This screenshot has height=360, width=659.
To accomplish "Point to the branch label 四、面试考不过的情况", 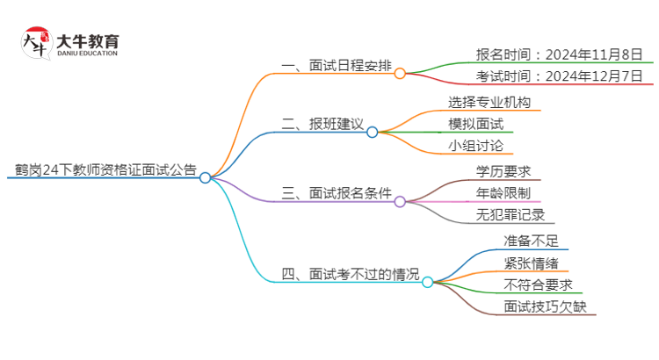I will tap(348, 274).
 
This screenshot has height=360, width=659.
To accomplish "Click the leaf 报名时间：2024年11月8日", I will tap(552, 54).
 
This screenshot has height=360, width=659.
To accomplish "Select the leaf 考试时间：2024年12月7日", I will tap(552, 76).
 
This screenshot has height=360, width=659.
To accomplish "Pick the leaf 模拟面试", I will tap(475, 124).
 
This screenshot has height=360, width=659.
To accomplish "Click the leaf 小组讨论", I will tap(475, 146).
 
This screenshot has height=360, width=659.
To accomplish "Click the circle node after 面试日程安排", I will tap(400, 74).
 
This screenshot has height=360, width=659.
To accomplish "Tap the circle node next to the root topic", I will tap(205, 177).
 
